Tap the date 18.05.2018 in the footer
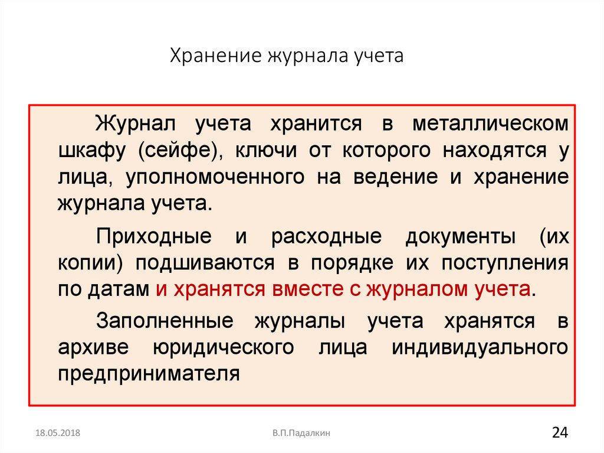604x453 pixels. [x=57, y=434]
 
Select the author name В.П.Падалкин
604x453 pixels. [x=301, y=434]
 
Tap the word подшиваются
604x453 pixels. [x=206, y=263]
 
